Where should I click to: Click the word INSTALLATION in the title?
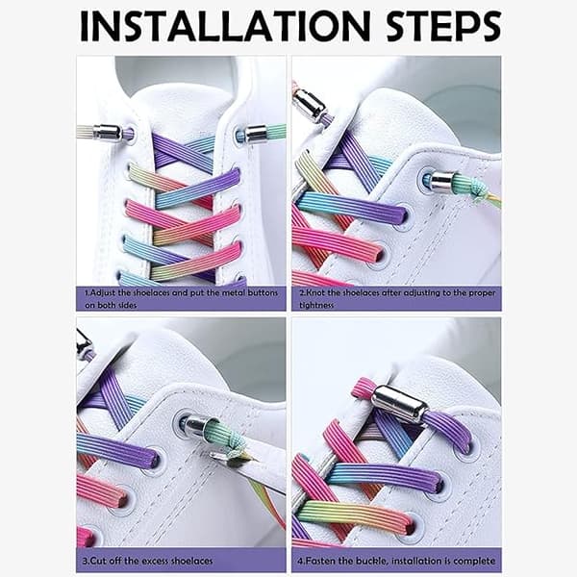225,26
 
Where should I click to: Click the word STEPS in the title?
443,26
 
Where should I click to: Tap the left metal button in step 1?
108,132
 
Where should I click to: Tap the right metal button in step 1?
256,134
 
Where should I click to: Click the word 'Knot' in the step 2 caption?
315,293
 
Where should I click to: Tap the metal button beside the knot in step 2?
441,181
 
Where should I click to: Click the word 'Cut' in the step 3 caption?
98,561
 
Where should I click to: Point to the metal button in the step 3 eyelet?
196,425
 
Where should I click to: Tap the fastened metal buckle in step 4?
400,404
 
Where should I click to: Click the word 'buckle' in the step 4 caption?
372,562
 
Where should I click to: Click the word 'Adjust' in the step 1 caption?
103,293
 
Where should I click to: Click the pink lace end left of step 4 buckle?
363,389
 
